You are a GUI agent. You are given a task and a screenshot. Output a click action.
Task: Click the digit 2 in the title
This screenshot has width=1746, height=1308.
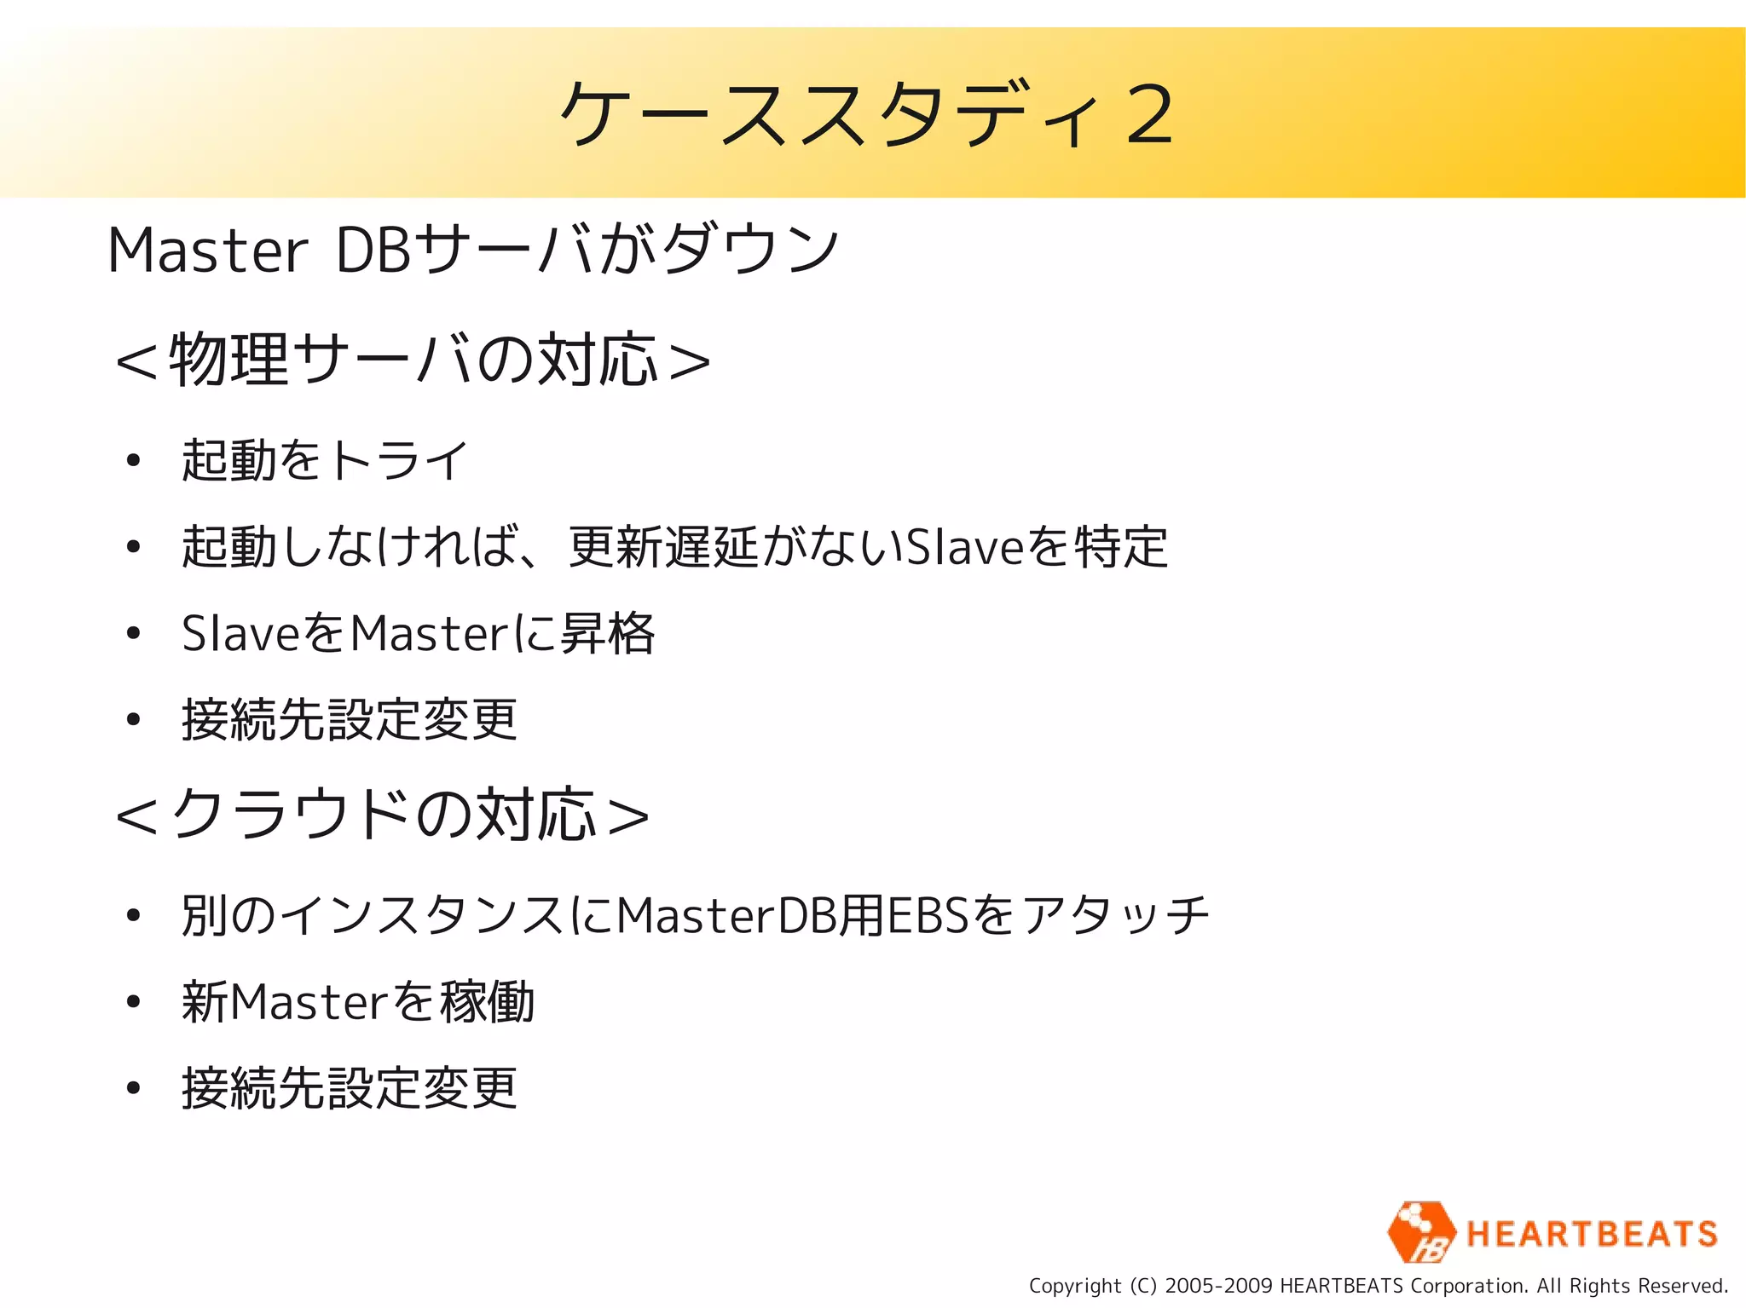click(x=1148, y=114)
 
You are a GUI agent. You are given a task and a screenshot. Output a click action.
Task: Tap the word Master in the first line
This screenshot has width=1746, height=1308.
click(x=207, y=251)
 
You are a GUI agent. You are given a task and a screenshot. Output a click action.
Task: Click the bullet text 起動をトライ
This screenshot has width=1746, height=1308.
click(x=325, y=460)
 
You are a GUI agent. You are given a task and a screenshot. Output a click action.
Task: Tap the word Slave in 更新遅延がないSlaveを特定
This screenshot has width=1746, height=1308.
click(x=963, y=546)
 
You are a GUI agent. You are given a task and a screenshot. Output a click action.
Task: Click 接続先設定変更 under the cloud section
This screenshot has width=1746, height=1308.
click(x=350, y=1088)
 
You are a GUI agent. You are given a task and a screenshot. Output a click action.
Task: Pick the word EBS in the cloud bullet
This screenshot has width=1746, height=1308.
click(x=928, y=916)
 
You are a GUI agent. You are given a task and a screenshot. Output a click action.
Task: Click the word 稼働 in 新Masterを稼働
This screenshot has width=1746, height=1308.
click(x=487, y=1002)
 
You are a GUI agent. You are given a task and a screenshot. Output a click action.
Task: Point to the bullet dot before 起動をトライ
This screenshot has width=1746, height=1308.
click(x=132, y=461)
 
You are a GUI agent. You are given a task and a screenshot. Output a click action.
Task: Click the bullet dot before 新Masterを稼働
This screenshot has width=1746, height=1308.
click(x=132, y=1002)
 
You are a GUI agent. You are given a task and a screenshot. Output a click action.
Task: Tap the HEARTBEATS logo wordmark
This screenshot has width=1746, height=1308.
click(x=1591, y=1234)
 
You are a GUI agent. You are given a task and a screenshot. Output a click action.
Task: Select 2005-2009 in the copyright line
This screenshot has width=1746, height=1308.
click(x=1218, y=1286)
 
